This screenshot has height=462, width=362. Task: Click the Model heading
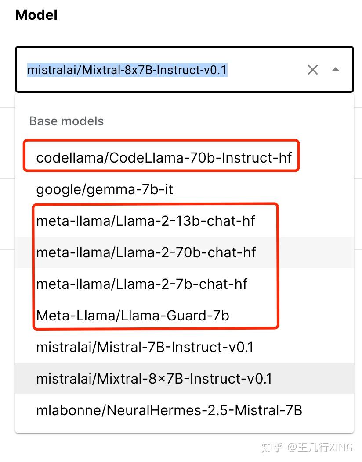[36, 15]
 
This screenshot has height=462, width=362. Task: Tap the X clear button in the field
[312, 70]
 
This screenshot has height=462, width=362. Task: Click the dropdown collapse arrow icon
[336, 70]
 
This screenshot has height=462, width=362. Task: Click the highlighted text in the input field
[127, 70]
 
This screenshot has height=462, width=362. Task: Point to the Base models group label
[66, 121]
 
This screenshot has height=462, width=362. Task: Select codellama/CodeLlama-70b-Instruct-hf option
[164, 157]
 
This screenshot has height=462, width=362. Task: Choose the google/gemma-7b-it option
[105, 189]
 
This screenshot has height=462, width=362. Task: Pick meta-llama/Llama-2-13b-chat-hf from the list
[145, 220]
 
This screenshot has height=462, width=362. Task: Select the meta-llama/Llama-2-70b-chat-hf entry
[146, 252]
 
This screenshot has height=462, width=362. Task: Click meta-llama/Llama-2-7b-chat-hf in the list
[141, 284]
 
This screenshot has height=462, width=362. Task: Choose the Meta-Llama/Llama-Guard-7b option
[133, 315]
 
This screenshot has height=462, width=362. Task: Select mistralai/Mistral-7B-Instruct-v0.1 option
[145, 347]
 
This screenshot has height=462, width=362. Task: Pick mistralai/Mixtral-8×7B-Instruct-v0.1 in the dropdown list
[154, 379]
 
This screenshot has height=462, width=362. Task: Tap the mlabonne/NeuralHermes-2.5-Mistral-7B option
[169, 410]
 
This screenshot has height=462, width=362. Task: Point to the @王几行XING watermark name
[320, 447]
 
